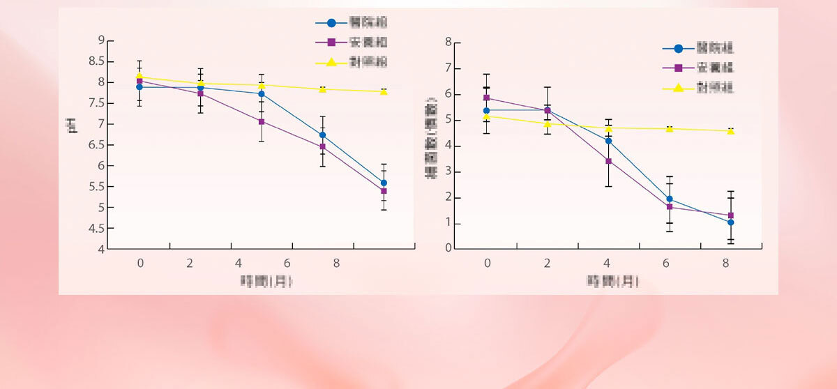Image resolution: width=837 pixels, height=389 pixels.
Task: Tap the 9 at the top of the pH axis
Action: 100,40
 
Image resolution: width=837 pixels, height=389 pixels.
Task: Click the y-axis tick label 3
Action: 448,172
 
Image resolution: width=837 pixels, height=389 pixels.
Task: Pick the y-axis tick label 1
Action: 448,224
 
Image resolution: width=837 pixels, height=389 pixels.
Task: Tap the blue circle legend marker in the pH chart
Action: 331,23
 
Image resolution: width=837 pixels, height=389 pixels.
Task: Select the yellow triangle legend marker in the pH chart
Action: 331,62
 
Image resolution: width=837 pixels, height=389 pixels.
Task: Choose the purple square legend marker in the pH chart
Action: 331,43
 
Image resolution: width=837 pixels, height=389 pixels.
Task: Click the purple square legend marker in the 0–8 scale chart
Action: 678,68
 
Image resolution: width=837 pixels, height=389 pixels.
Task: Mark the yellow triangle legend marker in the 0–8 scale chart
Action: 678,89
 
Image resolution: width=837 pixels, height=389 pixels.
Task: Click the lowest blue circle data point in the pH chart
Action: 384,183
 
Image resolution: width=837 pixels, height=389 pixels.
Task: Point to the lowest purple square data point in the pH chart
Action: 384,191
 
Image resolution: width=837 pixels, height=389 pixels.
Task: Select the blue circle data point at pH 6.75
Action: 322,135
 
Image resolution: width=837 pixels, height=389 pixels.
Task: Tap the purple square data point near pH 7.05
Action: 262,121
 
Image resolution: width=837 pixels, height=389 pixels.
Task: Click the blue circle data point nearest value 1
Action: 730,222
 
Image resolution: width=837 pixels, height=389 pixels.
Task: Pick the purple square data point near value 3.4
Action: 608,161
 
